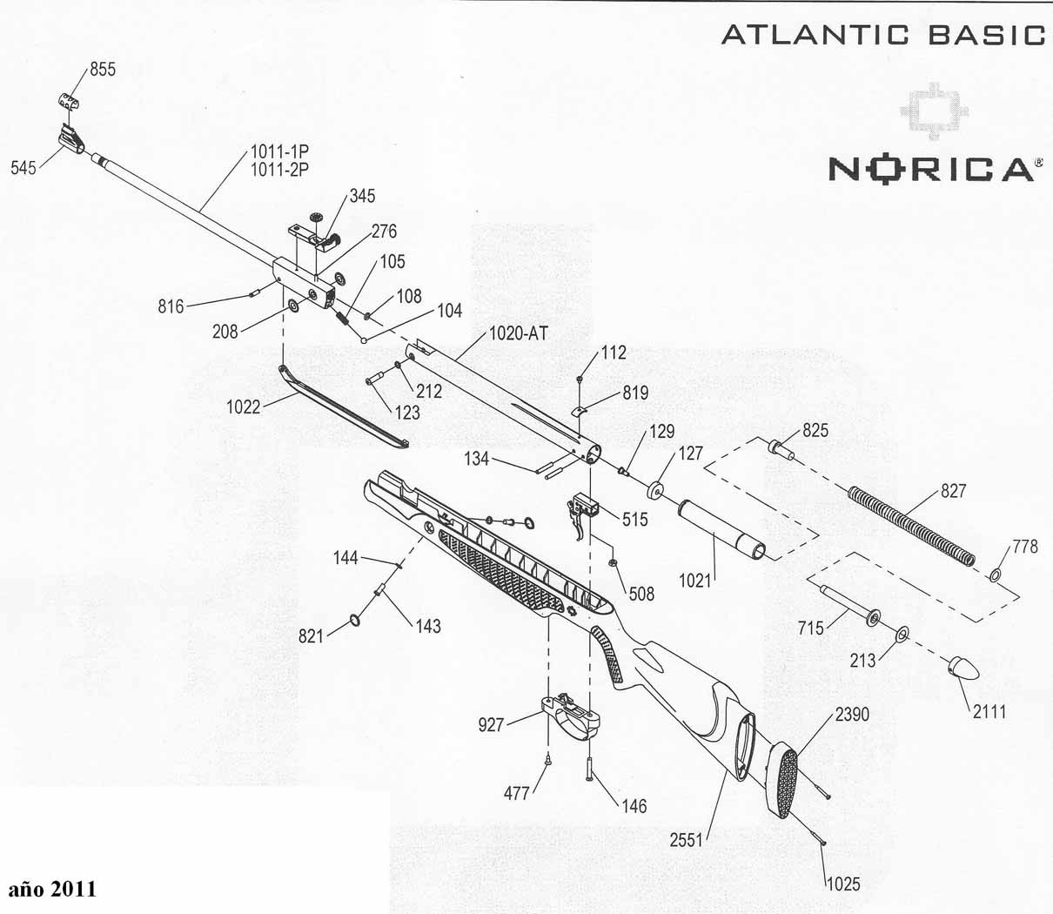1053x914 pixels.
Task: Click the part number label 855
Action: tap(103, 70)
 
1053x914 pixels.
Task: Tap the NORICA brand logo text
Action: tap(930, 168)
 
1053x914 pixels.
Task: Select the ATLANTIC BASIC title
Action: tap(882, 35)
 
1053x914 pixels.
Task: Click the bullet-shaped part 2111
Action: tap(964, 669)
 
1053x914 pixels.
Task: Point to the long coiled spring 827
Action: tap(910, 528)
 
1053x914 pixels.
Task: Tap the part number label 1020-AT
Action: tap(519, 333)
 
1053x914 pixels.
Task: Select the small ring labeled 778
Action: tap(996, 575)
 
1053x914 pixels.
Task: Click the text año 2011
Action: tap(53, 889)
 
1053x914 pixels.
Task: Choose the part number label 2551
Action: tap(687, 840)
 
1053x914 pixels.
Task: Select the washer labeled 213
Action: tap(901, 633)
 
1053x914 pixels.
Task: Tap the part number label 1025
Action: tap(842, 884)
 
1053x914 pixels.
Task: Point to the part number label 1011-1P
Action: tap(280, 152)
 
